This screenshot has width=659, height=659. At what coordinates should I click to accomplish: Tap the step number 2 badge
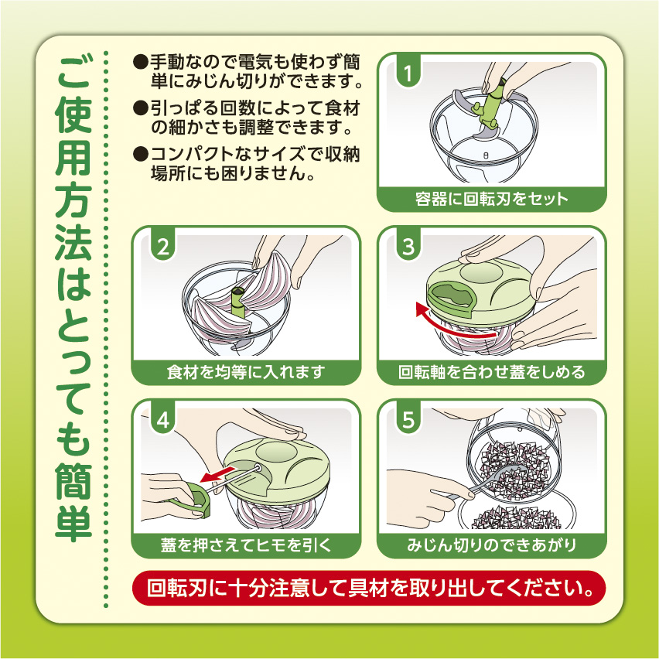[162, 246]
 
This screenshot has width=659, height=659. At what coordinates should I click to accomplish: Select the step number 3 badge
[408, 246]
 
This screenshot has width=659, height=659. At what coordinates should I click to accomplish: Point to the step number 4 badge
[162, 419]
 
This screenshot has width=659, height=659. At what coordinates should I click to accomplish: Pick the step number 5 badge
[408, 419]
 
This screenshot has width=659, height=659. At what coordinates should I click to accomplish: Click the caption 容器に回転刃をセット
[491, 199]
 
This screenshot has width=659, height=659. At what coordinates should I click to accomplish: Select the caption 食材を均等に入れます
[246, 372]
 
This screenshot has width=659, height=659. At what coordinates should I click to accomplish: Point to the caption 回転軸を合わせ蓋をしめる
[491, 372]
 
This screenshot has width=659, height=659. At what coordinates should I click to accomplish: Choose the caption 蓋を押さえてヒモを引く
[246, 545]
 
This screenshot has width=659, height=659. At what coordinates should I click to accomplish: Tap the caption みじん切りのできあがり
[491, 545]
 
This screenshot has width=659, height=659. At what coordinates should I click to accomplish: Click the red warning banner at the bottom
[369, 588]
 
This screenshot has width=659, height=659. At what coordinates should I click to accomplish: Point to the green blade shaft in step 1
[490, 106]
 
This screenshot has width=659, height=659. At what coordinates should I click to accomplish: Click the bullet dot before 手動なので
[141, 62]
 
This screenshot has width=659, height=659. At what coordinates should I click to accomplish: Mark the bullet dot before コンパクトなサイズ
[141, 154]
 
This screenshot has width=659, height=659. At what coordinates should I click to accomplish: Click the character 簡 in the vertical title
[73, 481]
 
